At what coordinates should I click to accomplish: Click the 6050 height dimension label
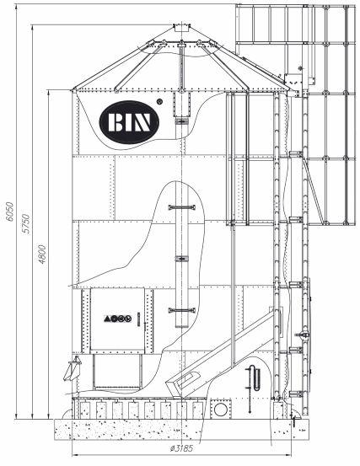point(9,212)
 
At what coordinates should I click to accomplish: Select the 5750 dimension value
point(26,223)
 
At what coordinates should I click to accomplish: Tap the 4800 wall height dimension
point(42,254)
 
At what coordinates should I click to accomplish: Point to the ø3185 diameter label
point(181,448)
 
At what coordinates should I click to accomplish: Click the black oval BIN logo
point(129,122)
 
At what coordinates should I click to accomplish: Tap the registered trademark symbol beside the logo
point(159,101)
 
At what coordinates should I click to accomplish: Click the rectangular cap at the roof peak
point(181,28)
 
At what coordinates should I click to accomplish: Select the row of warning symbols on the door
point(118,319)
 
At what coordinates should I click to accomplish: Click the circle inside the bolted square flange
point(221,410)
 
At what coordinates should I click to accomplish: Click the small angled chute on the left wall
point(73,368)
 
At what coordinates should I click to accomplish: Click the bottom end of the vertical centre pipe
point(182,326)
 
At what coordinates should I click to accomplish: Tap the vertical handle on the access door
point(138,319)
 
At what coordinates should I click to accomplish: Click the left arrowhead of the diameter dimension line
point(74,455)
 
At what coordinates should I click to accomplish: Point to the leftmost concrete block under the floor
point(85,410)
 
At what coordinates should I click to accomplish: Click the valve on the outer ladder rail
point(303,335)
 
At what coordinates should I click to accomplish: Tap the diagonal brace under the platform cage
point(314,190)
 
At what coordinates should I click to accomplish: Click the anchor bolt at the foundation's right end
point(293,421)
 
